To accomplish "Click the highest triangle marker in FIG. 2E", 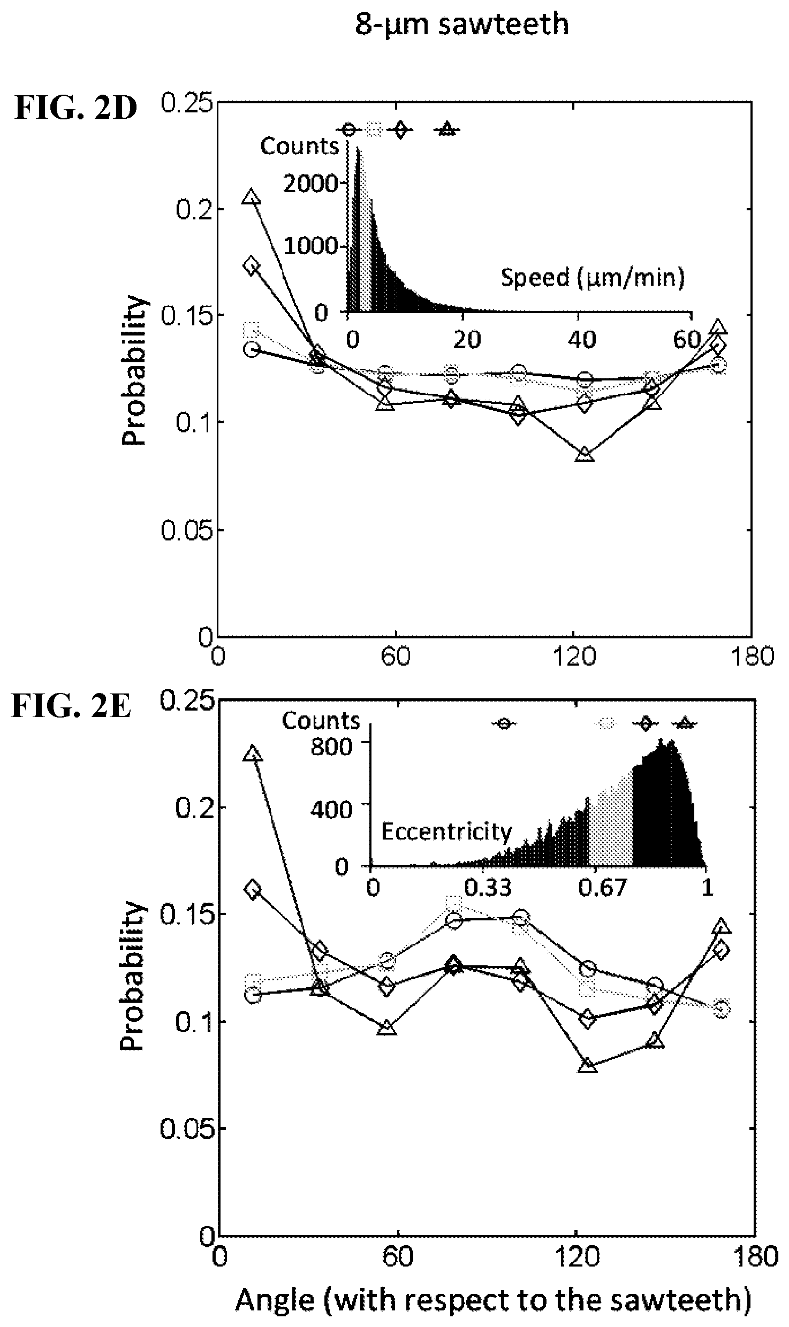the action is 253,754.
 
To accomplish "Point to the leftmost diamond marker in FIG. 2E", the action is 253,889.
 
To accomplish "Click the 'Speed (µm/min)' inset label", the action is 593,278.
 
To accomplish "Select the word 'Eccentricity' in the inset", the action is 446,832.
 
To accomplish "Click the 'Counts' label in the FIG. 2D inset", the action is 300,146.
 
